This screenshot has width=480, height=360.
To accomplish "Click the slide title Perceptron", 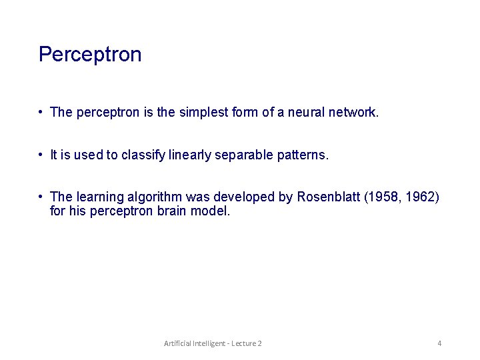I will tap(90, 54).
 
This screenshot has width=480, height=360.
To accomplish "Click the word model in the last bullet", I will tap(213, 211).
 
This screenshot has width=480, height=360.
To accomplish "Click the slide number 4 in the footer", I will tap(439, 343).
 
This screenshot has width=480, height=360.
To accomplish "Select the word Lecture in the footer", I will tap(244, 343).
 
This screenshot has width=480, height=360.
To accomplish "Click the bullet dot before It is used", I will tap(41, 155).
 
